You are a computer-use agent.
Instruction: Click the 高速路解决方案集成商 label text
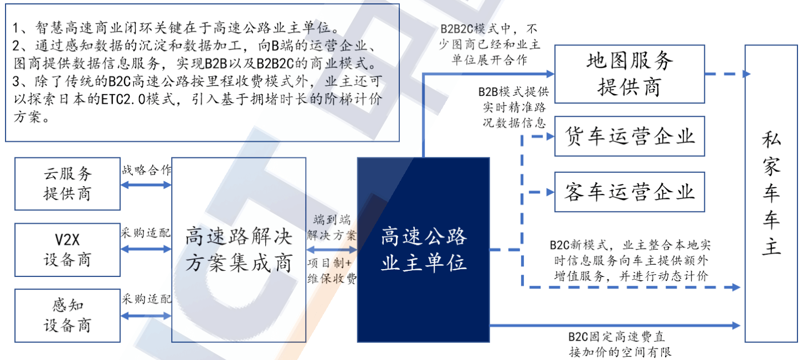pos(239,250)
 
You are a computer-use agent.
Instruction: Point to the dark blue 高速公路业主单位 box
pos(423,250)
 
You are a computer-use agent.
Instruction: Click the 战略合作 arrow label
pos(146,170)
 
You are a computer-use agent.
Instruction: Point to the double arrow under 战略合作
pos(146,185)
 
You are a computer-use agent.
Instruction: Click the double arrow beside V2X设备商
pos(146,249)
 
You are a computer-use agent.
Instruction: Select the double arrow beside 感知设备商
pos(146,316)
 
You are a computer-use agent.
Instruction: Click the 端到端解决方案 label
pos(332,228)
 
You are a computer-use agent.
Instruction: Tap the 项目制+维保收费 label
pos(332,271)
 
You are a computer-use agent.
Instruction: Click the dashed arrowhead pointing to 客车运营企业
pos(550,192)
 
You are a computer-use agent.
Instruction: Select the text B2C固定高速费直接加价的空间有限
pos(620,344)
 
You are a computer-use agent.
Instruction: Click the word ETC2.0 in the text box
pos(123,99)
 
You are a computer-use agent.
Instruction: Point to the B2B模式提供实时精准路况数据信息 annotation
pos(514,107)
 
